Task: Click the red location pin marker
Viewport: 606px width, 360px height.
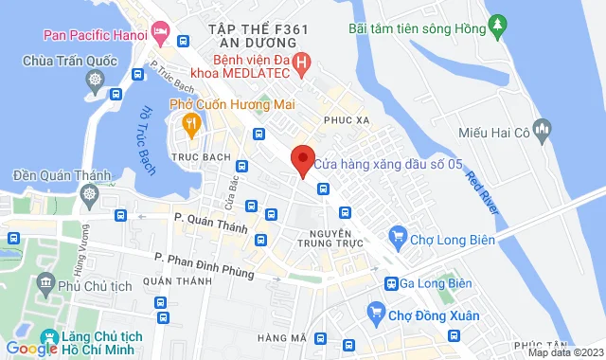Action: click(302, 161)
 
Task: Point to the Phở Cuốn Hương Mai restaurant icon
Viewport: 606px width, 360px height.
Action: click(190, 122)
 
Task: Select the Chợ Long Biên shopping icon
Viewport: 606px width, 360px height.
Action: click(398, 240)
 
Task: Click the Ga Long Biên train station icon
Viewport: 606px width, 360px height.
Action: click(390, 283)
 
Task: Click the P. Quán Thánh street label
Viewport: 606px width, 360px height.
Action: click(210, 223)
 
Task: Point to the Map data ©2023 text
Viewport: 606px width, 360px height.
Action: click(563, 352)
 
